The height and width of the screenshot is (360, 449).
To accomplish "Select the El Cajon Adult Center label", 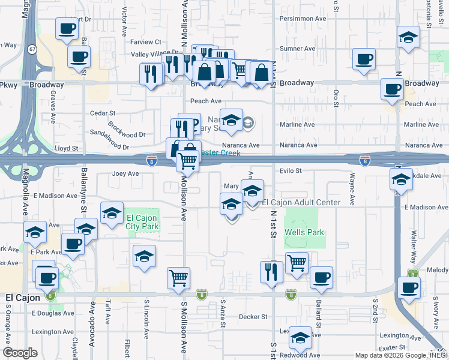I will [x=301, y=202].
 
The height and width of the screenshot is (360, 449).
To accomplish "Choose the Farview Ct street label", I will [x=146, y=42].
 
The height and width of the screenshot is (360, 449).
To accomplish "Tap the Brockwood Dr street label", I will [x=127, y=131].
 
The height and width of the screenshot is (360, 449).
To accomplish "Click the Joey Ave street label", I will [x=125, y=173].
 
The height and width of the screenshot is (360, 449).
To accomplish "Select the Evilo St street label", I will [x=290, y=171].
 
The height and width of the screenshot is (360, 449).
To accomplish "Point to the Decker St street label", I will [x=252, y=316].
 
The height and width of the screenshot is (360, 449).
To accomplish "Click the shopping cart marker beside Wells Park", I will [x=297, y=262].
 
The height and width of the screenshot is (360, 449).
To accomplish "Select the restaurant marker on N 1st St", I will [x=271, y=271].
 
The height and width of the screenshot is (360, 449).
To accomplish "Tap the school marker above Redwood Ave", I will [x=300, y=338].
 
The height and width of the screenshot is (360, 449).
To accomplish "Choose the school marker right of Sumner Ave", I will [x=408, y=38].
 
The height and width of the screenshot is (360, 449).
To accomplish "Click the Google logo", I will [x=20, y=353].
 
